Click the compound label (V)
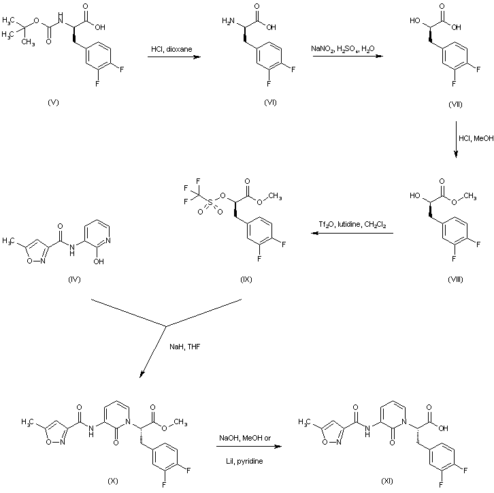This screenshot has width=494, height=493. coord(53,102)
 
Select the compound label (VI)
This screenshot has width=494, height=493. coord(270,102)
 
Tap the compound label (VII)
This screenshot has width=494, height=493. coord(455,104)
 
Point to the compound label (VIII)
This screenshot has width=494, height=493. coord(455,279)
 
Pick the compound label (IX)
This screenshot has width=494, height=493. coord(246,279)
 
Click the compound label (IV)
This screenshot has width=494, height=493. coord(74,279)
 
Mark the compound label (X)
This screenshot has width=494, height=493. coord(113,481)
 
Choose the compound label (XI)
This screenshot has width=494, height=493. coord(387,481)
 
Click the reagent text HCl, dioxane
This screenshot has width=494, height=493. coord(171,49)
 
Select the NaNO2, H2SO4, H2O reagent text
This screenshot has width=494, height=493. coord(343,49)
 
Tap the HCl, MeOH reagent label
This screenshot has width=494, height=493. coord(476,138)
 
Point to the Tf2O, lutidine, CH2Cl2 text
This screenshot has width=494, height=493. coord(352,225)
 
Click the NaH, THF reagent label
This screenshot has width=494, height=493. coord(184,347)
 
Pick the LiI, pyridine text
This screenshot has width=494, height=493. coord(244,461)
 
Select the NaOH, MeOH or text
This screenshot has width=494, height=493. coord(245,438)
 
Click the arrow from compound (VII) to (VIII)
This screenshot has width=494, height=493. coord(456,140)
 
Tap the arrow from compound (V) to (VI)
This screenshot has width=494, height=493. coord(174,57)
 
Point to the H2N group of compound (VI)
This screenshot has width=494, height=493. coord(229,21)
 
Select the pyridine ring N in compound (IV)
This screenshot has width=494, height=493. coord(108,240)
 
